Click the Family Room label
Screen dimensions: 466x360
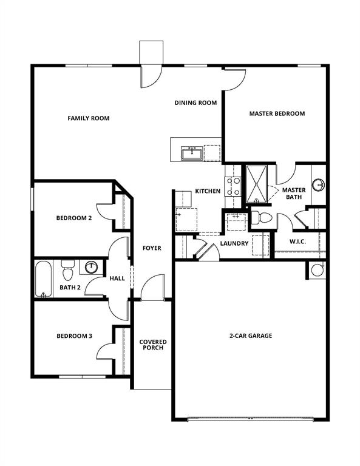point(88,118)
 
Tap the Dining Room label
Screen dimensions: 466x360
point(195,103)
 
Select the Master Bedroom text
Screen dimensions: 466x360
point(277,113)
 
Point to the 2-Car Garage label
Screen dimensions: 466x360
point(250,336)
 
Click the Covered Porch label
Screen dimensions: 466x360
point(153,346)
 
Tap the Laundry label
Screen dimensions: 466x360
point(234,243)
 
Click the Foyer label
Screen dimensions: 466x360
point(151,248)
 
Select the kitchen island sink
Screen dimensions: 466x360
point(192,153)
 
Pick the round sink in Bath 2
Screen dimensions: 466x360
point(92,267)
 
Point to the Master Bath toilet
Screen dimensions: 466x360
point(262,217)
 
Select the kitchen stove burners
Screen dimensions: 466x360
point(233,186)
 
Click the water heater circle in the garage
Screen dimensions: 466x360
point(317,270)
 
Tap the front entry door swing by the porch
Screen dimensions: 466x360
point(153,287)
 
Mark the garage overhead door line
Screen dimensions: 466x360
point(250,418)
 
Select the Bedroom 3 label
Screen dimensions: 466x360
point(74,336)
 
